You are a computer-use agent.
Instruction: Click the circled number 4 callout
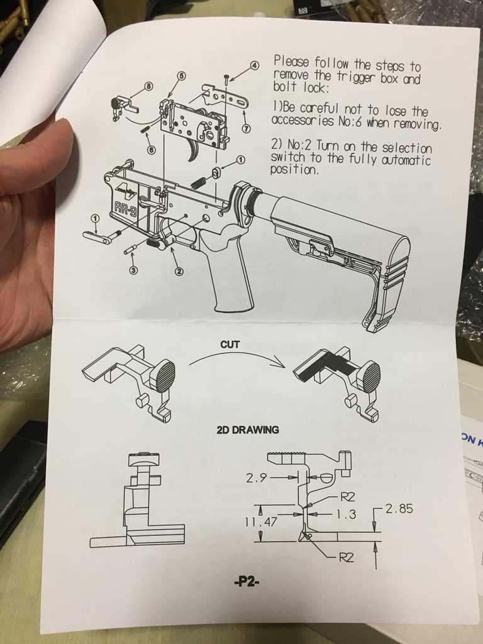(255, 65)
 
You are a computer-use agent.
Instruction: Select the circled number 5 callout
(182, 75)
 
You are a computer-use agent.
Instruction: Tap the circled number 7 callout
(246, 128)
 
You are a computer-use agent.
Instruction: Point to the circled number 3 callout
(133, 270)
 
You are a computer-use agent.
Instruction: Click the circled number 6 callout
(151, 150)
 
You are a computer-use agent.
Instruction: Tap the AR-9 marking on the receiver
(126, 209)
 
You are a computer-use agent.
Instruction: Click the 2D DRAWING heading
(248, 430)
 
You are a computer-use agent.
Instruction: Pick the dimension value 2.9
(257, 478)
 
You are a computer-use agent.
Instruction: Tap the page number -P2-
(247, 582)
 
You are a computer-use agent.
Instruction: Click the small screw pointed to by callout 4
(226, 80)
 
